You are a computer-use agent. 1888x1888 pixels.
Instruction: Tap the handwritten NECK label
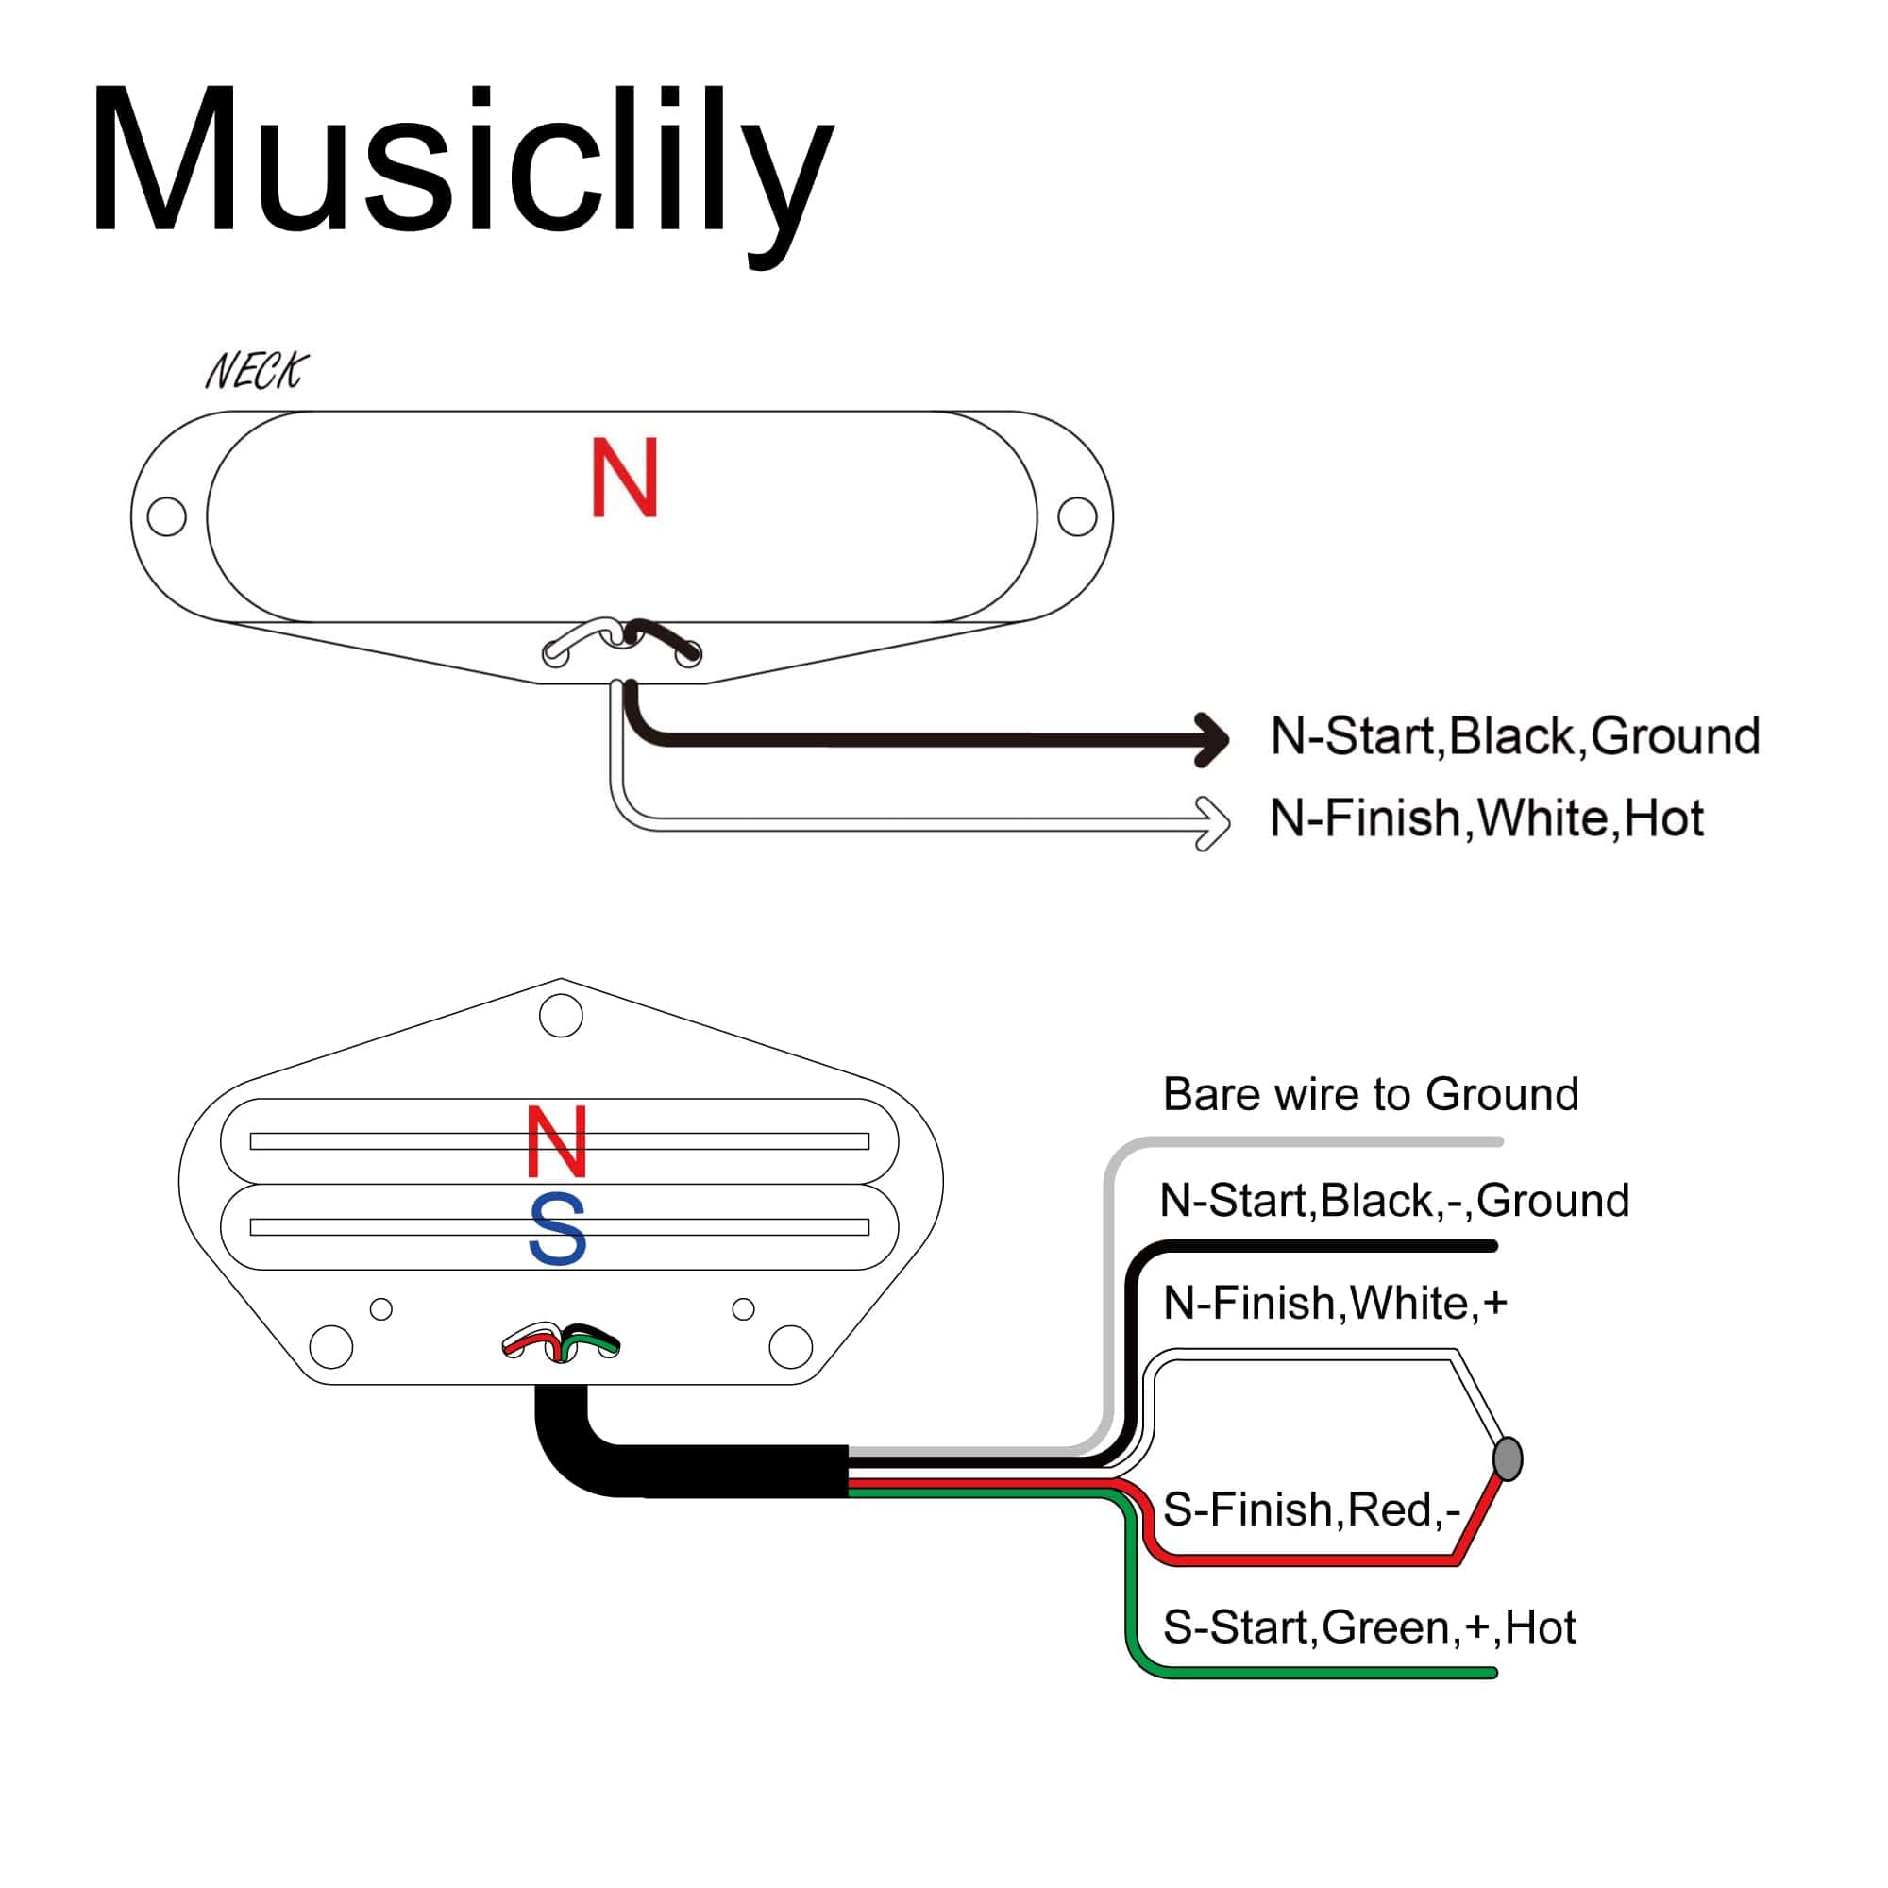[256, 371]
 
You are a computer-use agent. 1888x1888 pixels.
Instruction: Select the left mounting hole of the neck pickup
[166, 516]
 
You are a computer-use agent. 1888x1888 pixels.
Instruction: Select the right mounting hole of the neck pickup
[1077, 516]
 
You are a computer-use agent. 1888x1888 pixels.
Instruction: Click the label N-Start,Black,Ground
[1515, 736]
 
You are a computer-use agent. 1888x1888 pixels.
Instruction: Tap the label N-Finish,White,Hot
[1485, 818]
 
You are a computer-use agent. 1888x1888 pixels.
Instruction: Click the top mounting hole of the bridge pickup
[561, 1016]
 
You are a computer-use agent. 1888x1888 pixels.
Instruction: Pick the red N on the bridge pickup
[557, 1141]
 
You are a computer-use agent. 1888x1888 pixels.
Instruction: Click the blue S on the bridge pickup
[557, 1228]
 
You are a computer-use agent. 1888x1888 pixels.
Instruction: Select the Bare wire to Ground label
[1370, 1094]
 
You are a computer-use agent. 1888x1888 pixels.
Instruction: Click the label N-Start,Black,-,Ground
[1393, 1201]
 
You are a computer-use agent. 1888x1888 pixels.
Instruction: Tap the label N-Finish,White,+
[1335, 1303]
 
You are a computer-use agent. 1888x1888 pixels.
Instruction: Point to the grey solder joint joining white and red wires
[1508, 1459]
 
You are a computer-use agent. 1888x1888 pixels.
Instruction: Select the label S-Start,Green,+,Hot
[1368, 1627]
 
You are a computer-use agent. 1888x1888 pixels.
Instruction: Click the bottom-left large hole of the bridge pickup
[331, 1347]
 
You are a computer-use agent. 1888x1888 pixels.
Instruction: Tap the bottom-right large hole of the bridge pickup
[790, 1347]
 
